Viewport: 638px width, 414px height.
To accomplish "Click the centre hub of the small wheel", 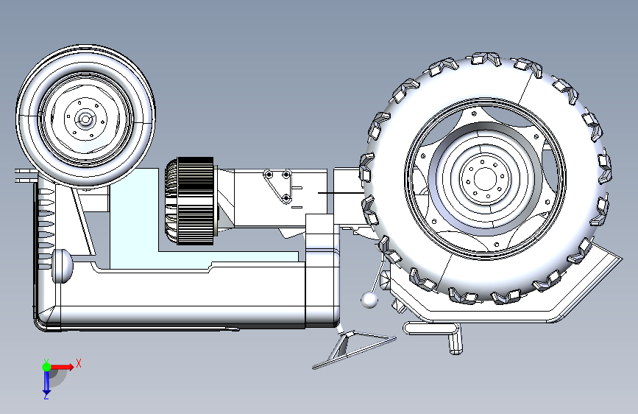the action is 85,119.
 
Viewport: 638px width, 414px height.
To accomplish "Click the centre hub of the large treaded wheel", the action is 484,179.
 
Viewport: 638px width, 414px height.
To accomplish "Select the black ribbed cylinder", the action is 190,201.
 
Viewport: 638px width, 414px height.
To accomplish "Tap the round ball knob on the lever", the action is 369,300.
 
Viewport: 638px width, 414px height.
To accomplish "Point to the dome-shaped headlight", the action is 62,266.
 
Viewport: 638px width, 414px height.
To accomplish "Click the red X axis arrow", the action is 61,367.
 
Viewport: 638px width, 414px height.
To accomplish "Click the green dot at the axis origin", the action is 47,367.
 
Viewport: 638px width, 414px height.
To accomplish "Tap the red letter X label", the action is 79,363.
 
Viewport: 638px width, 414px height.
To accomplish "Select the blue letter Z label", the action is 46,396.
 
